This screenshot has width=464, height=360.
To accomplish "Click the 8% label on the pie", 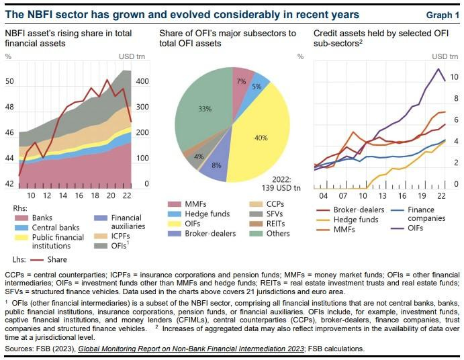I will [x=216, y=165].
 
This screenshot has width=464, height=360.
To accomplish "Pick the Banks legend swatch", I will [x=20, y=218].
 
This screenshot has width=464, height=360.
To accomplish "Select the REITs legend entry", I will [x=275, y=222].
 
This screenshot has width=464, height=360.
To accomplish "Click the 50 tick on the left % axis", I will [x=10, y=82].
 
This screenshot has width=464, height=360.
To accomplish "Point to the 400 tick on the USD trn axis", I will [x=143, y=82].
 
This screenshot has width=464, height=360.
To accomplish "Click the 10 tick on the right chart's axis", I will [x=455, y=77].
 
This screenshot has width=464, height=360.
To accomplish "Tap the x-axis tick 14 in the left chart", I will [x=63, y=195].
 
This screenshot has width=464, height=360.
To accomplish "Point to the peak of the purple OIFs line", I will [x=438, y=69].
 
